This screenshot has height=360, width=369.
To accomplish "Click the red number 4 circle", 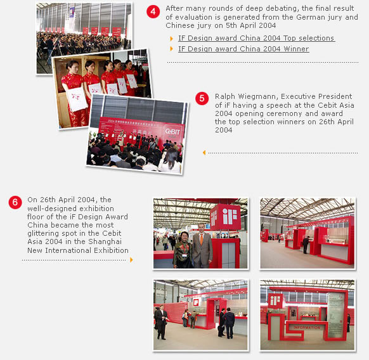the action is click(x=153, y=11).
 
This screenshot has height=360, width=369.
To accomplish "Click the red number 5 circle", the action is click(x=202, y=98).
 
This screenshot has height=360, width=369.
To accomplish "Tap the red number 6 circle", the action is click(x=15, y=202).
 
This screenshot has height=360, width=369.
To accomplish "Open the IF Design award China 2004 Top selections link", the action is click(x=256, y=38).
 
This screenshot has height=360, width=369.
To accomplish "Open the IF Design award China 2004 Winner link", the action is click(x=243, y=49).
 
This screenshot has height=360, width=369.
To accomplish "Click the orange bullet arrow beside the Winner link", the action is click(x=172, y=49).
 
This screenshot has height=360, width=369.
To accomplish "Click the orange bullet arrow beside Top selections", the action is click(x=172, y=39).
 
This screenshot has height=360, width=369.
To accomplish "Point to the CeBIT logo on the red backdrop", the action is click(x=172, y=132).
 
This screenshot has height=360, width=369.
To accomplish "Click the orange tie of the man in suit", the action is click(x=202, y=239).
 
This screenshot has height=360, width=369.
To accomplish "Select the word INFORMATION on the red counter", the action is click(x=307, y=327).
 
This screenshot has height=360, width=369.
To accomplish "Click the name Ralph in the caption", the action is click(x=225, y=96).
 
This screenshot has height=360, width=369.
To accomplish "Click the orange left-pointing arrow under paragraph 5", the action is click(x=204, y=153).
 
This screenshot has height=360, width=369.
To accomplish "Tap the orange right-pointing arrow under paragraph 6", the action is click(x=131, y=260).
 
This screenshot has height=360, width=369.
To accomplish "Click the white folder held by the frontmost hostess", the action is click(x=77, y=99).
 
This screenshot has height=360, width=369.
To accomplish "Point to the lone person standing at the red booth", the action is click(x=306, y=245).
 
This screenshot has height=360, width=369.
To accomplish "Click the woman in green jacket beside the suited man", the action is click(x=183, y=250).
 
